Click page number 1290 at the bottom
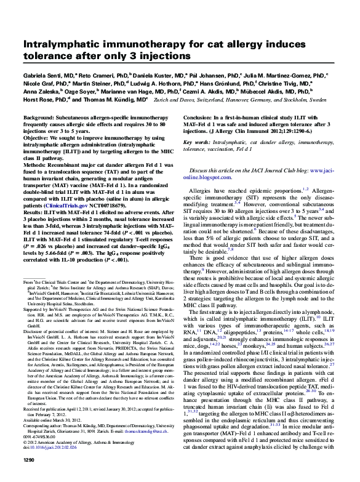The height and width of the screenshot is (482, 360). coord(29,476)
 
